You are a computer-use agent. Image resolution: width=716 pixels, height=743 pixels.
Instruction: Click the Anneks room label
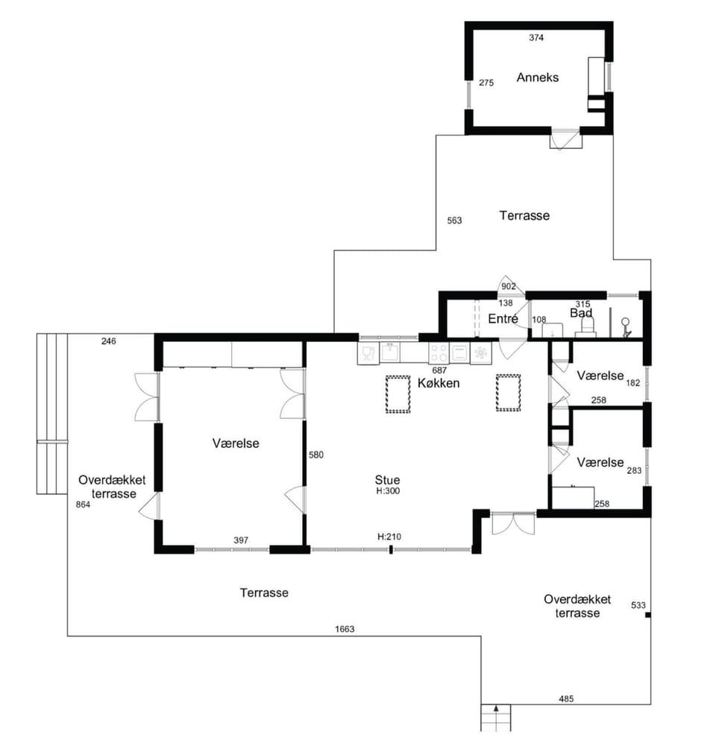pyautogui.click(x=537, y=78)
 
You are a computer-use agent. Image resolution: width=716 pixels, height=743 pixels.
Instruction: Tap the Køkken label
pyautogui.click(x=438, y=383)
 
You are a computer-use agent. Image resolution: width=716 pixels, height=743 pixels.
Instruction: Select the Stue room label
pyautogui.click(x=387, y=479)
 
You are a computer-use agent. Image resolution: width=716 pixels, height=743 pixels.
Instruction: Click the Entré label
pyautogui.click(x=503, y=318)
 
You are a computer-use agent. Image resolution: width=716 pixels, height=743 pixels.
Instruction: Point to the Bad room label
pyautogui.click(x=581, y=313)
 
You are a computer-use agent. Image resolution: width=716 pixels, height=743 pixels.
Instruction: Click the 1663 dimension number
pyautogui.click(x=345, y=629)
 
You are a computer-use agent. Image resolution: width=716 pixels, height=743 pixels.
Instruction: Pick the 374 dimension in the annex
pyautogui.click(x=536, y=38)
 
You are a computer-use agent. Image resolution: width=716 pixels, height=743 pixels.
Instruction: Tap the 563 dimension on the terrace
pyautogui.click(x=454, y=221)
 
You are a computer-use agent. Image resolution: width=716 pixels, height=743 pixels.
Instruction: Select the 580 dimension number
pyautogui.click(x=315, y=455)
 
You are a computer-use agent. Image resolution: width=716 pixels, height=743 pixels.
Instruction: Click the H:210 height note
pyautogui.click(x=389, y=537)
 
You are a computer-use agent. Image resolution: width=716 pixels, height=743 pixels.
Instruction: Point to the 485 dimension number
pyautogui.click(x=566, y=698)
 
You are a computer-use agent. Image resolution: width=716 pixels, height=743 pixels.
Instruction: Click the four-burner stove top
pyautogui.click(x=439, y=353)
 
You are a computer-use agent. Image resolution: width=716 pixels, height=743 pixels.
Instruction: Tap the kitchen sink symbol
pyautogui.click(x=390, y=352)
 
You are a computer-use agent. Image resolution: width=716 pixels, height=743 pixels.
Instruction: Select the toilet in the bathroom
pyautogui.click(x=586, y=327)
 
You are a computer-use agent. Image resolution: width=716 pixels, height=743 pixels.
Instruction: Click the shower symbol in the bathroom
pyautogui.click(x=626, y=327)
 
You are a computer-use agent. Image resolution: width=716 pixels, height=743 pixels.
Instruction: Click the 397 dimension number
pyautogui.click(x=241, y=540)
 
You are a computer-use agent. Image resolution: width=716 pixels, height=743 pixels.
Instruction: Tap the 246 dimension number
pyautogui.click(x=109, y=341)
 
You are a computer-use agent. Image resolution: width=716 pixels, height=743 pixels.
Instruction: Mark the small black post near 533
pyautogui.click(x=647, y=615)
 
